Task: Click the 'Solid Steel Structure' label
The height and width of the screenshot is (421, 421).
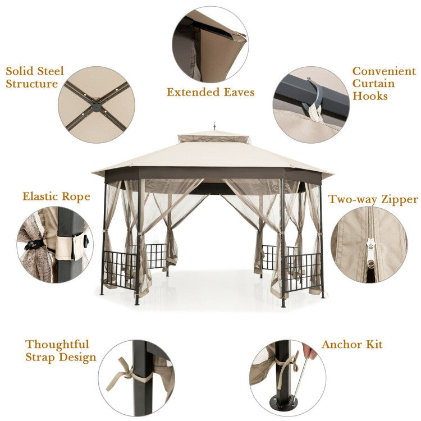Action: point(35,77)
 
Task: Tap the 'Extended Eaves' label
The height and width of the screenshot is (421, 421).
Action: point(210,92)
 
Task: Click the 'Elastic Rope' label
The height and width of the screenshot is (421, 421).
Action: point(56,197)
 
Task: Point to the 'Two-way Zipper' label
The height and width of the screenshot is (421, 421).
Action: point(373,199)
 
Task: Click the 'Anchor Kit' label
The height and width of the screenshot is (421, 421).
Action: point(352,344)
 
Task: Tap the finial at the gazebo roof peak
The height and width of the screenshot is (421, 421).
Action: point(214,125)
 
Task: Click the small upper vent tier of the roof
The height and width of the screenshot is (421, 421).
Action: point(213,138)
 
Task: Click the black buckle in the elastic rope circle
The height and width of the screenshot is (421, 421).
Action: point(35,244)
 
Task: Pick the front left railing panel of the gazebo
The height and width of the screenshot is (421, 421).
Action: point(120,270)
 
